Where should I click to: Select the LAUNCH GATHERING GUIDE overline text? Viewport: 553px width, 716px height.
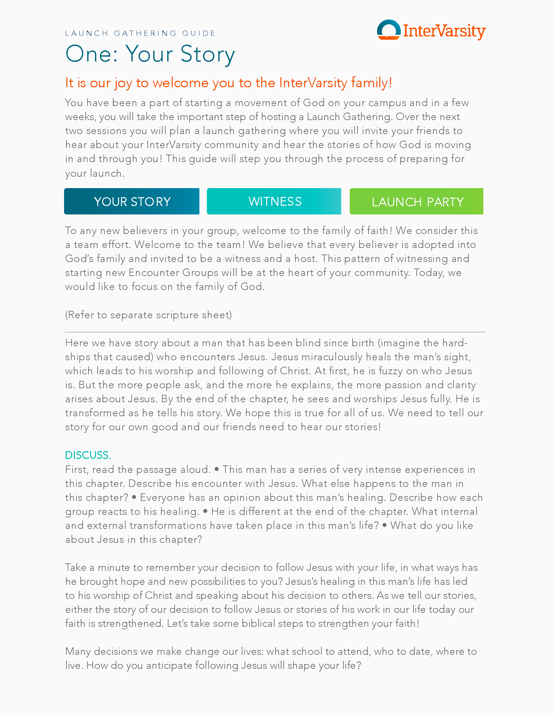(140, 33)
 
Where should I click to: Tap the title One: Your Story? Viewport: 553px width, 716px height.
(150, 54)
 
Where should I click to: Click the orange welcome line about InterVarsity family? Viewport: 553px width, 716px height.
(228, 83)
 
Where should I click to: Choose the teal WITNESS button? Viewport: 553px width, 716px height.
(274, 201)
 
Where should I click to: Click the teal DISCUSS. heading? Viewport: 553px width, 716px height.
(88, 455)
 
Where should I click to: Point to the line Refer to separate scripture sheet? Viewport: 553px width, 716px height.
(148, 315)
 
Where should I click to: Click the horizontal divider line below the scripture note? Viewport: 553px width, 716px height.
(275, 332)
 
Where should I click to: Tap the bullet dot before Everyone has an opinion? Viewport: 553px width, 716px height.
(134, 497)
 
